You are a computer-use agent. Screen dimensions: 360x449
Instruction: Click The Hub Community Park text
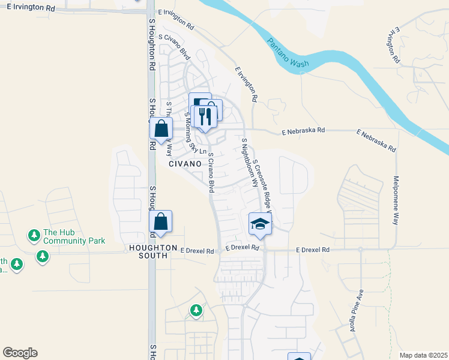point(74,236)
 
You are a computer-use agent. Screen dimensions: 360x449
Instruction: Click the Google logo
point(20,353)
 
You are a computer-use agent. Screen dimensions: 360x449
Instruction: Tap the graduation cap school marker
point(261,223)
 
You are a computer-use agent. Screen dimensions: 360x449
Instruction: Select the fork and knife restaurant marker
point(205,115)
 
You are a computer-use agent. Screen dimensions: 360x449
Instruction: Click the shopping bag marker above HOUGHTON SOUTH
point(161,221)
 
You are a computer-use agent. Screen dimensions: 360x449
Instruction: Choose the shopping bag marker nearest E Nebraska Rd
point(161,128)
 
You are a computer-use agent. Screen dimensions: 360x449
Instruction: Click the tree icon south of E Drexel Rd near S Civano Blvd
point(196,310)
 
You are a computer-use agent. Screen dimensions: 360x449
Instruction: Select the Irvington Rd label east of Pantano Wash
point(394,45)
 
